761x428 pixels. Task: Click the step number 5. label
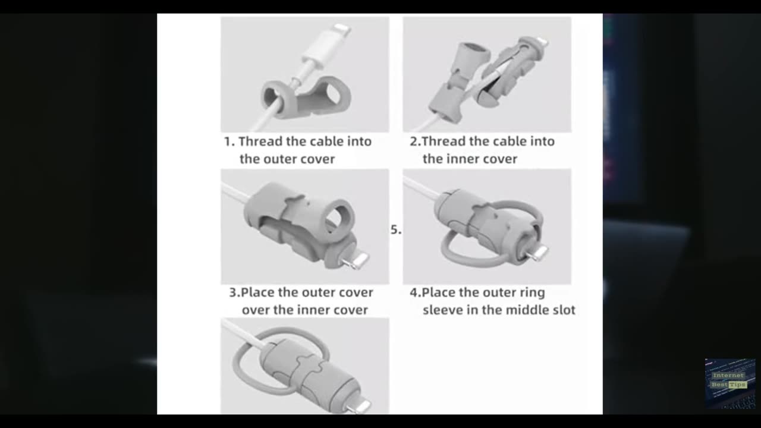[396, 230]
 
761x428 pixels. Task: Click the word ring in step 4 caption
[532, 293]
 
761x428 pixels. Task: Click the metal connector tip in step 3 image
[357, 260]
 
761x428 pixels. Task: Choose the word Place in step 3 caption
[257, 293]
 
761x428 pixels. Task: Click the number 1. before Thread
[229, 142]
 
